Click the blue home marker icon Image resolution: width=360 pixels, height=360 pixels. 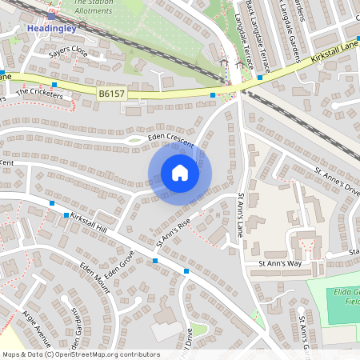pyautogui.click(x=180, y=173)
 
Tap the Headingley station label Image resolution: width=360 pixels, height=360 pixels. pyautogui.click(x=50, y=28)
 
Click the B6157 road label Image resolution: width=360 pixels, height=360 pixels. pyautogui.click(x=113, y=94)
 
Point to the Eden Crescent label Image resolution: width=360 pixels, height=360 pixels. pyautogui.click(x=171, y=138)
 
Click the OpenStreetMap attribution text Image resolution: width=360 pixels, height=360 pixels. pyautogui.click(x=81, y=354)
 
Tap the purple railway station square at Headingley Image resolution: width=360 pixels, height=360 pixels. pyautogui.click(x=51, y=16)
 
